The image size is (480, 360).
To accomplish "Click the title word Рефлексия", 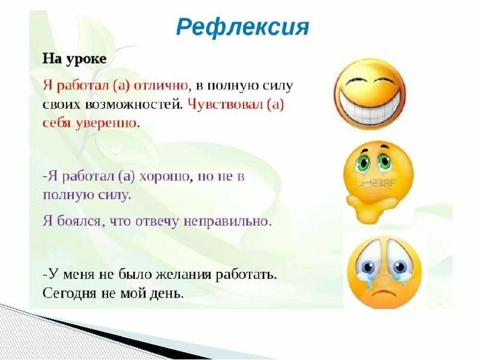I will [242, 28].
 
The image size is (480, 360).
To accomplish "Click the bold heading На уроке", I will [74, 59].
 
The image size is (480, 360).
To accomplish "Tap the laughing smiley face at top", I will [370, 93].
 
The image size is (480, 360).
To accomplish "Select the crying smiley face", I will [385, 271].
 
